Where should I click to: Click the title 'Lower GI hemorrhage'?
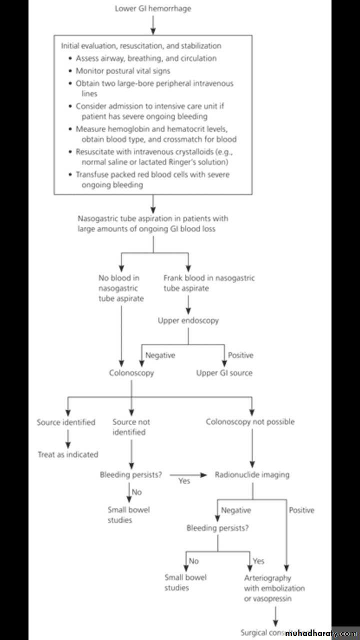pos(152,8)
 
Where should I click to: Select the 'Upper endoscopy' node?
pos(188,320)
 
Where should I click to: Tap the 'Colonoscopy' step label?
pos(131,372)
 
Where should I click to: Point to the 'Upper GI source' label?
pos(224,372)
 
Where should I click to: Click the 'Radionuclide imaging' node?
pos(252,474)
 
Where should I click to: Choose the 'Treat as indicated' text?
pos(68,454)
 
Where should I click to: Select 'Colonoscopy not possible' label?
pos(250,421)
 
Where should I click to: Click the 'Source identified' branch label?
pos(66,422)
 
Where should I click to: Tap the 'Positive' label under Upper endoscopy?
pos(240,355)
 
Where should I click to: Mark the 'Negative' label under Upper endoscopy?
pos(160,355)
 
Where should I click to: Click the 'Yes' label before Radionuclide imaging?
pos(184,481)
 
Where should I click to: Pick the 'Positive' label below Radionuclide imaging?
pos(301,510)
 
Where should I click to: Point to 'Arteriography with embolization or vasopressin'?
pos(274,588)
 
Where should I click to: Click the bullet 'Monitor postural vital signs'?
pos(122,71)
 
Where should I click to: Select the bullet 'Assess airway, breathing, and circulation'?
pos(146,58)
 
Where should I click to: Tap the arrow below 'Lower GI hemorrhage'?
pos(153,23)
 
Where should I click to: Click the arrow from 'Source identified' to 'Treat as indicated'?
pos(68,438)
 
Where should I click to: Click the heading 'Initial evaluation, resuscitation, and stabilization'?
pos(140,45)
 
